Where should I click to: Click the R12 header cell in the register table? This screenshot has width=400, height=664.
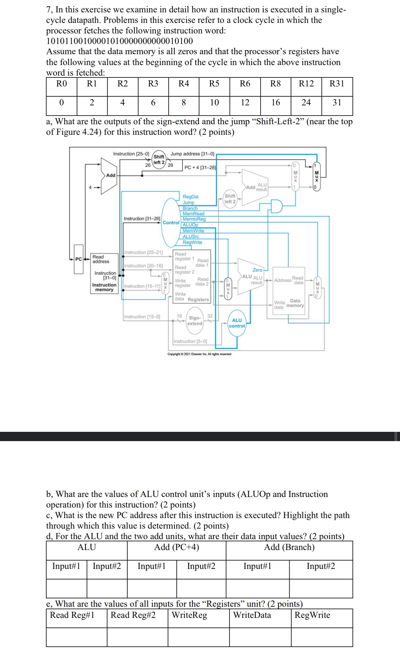[306, 84]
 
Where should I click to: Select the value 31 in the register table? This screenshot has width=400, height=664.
[337, 103]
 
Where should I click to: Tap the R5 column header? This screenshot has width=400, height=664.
[214, 84]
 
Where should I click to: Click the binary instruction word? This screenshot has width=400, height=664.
[119, 41]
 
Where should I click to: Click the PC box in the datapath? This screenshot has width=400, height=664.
[78, 259]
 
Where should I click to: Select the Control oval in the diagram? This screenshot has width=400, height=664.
[171, 223]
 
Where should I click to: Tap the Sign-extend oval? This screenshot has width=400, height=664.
[195, 321]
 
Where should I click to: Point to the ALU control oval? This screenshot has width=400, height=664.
[237, 323]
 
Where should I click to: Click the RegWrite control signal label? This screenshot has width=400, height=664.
[192, 242]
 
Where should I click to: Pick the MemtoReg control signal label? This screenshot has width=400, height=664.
[194, 219]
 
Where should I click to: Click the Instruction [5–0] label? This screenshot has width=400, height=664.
[190, 341]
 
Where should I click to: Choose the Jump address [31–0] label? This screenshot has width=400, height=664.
[192, 154]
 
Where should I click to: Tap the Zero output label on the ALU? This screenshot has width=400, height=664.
[257, 270]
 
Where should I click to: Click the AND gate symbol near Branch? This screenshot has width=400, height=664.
[276, 206]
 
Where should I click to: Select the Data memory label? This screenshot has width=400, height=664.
[295, 303]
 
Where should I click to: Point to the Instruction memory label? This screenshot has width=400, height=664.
[104, 287]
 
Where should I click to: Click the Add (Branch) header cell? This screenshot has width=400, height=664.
[289, 547]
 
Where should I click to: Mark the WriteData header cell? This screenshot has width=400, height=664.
[252, 615]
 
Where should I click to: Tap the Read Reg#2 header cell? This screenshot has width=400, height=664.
[133, 615]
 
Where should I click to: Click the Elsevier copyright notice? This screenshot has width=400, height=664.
[199, 354]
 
